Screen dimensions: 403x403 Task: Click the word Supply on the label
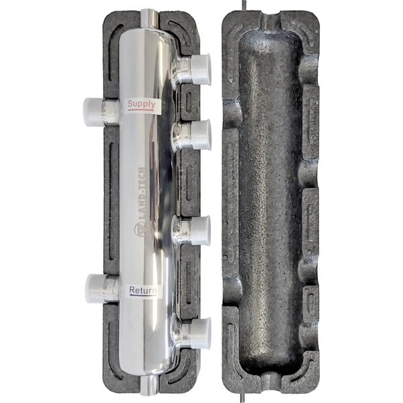coord(142,103)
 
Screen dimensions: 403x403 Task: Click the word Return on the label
coord(143,290)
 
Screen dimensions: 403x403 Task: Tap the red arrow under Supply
coord(141,110)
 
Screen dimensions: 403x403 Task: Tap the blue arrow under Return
coord(143,296)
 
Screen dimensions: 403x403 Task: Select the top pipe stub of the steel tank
coord(150,19)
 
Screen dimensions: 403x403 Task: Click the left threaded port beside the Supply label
coord(101,112)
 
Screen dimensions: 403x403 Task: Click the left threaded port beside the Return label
coord(103,288)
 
